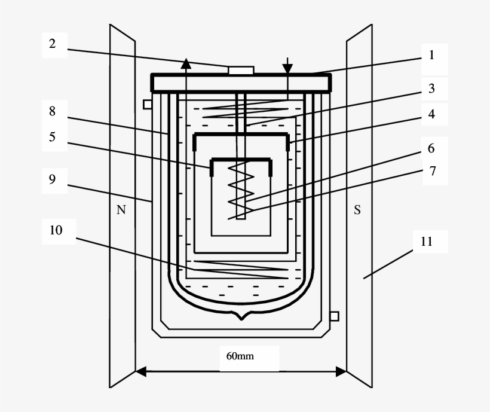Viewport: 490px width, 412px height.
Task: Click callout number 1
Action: tap(431, 55)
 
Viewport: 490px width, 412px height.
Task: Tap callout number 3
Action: tap(431, 89)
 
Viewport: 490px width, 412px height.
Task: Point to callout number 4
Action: tap(431, 113)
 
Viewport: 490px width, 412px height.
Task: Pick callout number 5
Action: tap(53, 137)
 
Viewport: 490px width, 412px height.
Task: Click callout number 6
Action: tap(431, 148)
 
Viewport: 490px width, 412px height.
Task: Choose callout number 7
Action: tap(431, 172)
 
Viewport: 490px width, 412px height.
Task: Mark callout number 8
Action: tap(53, 111)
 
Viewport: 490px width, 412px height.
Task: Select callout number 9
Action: tap(53, 179)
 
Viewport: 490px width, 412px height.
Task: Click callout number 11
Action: tap(426, 242)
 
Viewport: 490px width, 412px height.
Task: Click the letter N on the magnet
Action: tap(121, 210)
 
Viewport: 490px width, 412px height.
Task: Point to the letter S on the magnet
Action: tap(357, 210)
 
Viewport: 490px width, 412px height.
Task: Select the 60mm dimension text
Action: tap(240, 356)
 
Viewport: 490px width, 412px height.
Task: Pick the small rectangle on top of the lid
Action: tap(241, 71)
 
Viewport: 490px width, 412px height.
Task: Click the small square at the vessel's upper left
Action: tap(148, 104)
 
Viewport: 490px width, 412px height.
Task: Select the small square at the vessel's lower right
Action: tap(335, 316)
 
